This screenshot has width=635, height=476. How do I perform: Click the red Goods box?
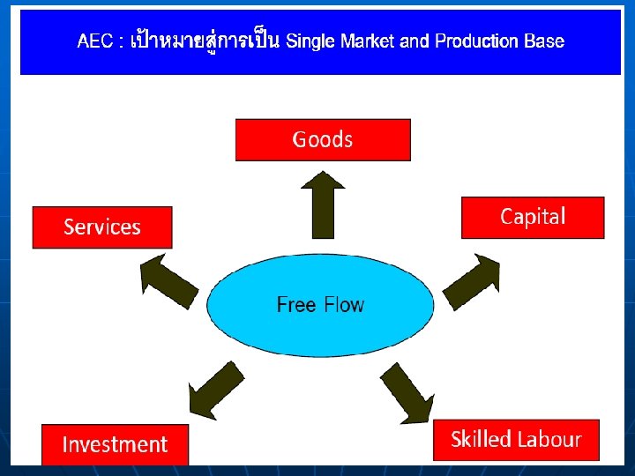(x=323, y=140)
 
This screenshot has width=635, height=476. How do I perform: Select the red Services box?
(x=102, y=227)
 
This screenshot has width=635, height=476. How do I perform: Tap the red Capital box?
(x=533, y=217)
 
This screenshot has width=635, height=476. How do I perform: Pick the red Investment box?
(x=115, y=444)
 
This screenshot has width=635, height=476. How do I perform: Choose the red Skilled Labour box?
(x=516, y=439)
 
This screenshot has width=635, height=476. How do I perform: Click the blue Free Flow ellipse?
(x=320, y=305)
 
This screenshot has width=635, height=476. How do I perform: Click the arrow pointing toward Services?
(x=169, y=279)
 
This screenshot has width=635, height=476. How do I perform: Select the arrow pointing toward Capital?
(x=473, y=281)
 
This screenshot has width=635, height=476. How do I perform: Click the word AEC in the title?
(x=94, y=41)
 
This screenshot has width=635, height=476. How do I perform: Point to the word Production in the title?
(x=475, y=41)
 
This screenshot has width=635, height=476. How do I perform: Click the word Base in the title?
(x=543, y=41)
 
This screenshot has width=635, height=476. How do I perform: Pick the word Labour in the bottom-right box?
(x=549, y=439)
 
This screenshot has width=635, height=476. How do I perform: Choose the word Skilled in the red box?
(x=481, y=439)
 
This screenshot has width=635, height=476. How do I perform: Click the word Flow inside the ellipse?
(x=344, y=305)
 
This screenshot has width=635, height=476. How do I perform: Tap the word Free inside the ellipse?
(x=296, y=305)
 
